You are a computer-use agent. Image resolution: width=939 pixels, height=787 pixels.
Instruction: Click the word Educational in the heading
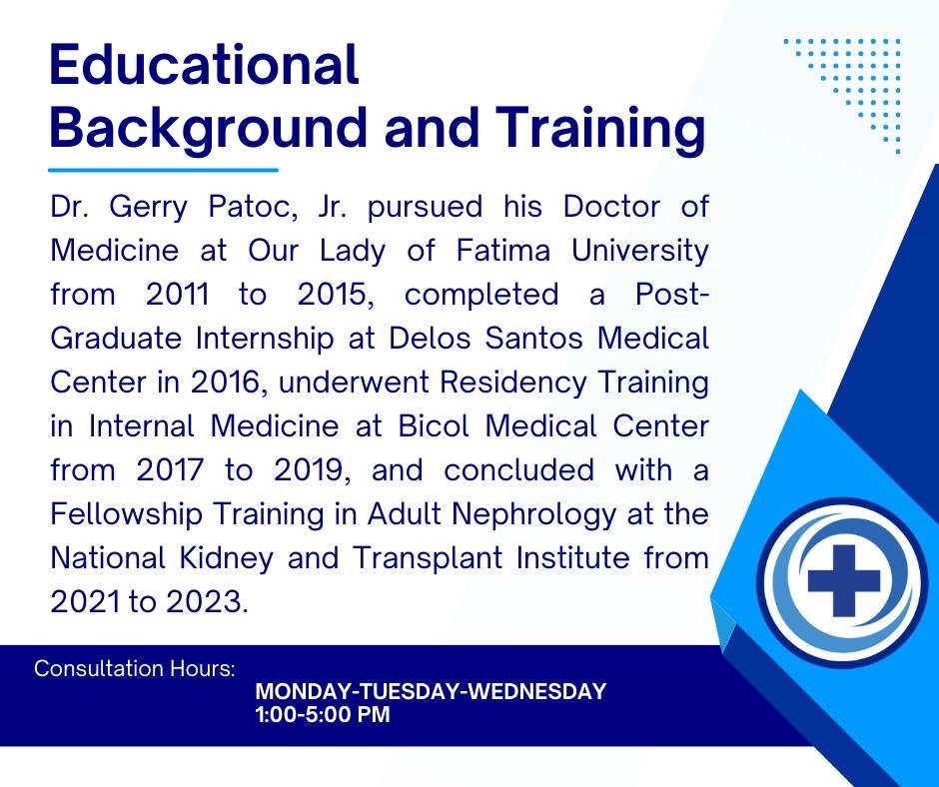point(204,64)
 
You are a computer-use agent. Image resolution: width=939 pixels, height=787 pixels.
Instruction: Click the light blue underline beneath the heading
point(164,170)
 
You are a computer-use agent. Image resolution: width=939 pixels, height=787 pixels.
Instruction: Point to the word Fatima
point(503,251)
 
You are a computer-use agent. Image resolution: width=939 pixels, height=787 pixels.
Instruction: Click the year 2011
point(178,295)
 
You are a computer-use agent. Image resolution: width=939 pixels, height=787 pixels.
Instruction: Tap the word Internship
point(264,339)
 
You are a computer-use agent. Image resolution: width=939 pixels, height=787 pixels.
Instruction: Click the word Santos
point(533,339)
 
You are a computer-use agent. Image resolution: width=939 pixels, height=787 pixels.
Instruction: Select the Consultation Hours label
point(135,668)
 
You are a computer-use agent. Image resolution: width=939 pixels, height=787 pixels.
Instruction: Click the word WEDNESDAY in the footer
point(536,691)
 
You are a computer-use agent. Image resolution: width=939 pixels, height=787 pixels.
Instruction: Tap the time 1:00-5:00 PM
point(323,714)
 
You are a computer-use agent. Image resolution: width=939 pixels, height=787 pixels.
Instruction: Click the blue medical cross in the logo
point(844,580)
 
